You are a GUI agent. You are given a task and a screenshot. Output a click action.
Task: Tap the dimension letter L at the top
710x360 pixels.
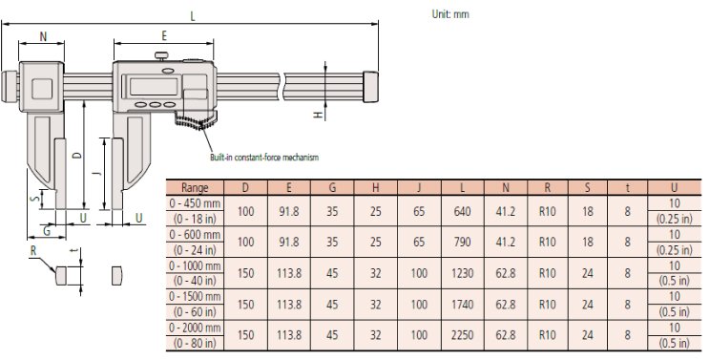pyautogui.click(x=194, y=15)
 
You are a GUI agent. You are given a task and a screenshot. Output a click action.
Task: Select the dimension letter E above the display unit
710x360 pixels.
pyautogui.click(x=164, y=36)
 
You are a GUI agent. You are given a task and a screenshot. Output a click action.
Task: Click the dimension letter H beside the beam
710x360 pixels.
pyautogui.click(x=319, y=115)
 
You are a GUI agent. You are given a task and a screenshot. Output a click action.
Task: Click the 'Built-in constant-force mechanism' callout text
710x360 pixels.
pyautogui.click(x=263, y=157)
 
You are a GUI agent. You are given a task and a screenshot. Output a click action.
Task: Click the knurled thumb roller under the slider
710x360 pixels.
pyautogui.click(x=197, y=121)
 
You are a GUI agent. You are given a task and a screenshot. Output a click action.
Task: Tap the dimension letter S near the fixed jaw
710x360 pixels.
pyautogui.click(x=35, y=199)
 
